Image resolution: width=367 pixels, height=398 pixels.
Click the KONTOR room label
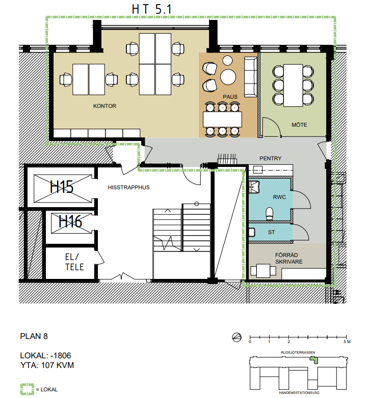[104, 106]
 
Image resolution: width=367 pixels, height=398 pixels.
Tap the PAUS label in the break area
[230, 97]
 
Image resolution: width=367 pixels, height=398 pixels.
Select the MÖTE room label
[299, 125]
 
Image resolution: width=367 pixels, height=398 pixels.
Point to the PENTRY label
[271, 158]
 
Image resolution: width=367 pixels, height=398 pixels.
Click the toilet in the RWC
[270, 213]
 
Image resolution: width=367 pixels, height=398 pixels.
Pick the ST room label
[271, 232]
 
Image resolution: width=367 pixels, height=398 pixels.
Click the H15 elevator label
[62, 187]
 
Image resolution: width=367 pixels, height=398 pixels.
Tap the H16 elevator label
[70, 221]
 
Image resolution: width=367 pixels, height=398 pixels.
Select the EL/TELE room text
[74, 262]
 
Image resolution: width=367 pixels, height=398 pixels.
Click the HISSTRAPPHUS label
[128, 187]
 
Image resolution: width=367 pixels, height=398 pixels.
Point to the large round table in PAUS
[228, 77]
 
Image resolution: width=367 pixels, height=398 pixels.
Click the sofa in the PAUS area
[251, 77]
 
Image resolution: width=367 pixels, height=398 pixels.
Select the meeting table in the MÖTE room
[293, 86]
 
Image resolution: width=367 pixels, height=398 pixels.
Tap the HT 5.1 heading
[152, 9]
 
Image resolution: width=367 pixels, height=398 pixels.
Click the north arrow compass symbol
[237, 337]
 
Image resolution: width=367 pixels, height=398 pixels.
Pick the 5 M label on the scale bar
[347, 342]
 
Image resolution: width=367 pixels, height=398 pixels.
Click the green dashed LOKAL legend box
[27, 389]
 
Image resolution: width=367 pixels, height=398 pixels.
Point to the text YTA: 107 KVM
[47, 365]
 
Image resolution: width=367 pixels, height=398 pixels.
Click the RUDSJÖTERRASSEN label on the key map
[298, 352]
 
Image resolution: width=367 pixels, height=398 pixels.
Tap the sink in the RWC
[254, 187]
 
